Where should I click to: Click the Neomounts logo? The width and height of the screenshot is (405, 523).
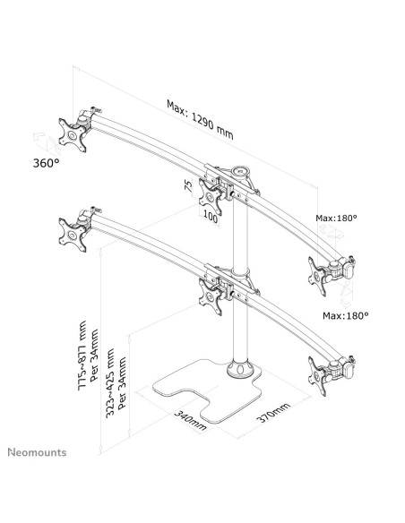[x=37, y=452]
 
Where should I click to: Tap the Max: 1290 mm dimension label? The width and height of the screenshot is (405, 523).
[x=200, y=119]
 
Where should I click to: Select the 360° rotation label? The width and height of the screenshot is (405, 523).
[x=46, y=163]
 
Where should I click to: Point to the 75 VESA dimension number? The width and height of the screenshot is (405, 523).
[x=188, y=185]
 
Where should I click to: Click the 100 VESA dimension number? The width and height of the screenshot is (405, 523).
[x=211, y=217]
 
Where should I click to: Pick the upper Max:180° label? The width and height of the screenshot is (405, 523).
[x=336, y=218]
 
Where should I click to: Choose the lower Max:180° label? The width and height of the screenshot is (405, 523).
[x=346, y=315]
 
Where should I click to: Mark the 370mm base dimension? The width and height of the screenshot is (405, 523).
[x=273, y=412]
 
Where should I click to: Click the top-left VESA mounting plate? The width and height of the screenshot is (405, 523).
[x=73, y=135]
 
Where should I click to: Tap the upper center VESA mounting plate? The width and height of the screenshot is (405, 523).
[x=211, y=197]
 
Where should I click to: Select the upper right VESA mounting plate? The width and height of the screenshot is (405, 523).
[x=317, y=276]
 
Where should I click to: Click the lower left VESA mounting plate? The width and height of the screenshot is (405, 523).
[x=73, y=235]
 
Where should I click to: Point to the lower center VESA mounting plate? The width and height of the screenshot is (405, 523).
[x=211, y=296]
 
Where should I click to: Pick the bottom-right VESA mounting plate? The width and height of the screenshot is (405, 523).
[x=317, y=376]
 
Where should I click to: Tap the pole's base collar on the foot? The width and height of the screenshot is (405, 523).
[x=239, y=369]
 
